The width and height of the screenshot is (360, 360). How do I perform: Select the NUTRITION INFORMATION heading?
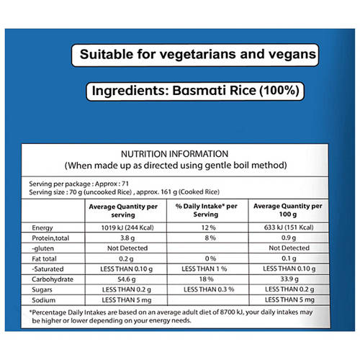(174, 153)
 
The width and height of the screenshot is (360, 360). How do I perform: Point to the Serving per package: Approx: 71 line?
(72, 184)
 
